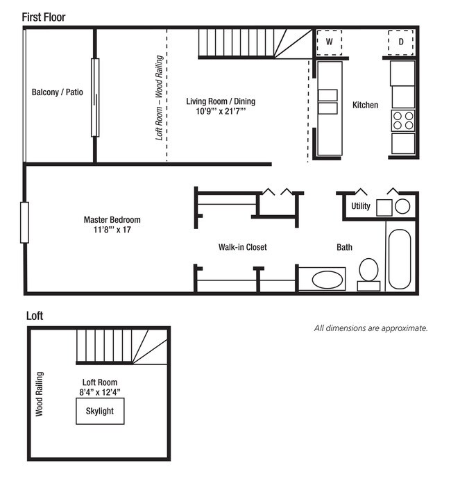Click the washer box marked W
(x=329, y=42)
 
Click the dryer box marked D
(x=400, y=42)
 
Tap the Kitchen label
(x=365, y=105)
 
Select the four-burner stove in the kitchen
(x=403, y=121)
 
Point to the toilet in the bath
(x=368, y=274)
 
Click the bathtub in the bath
(x=400, y=259)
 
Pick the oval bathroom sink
(x=327, y=280)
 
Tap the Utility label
(x=360, y=206)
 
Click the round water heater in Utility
(x=402, y=206)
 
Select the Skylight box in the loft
(x=100, y=411)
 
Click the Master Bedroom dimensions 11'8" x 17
(x=112, y=230)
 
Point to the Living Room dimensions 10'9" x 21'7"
(x=221, y=111)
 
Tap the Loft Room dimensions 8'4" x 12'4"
(x=99, y=392)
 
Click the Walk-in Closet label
(x=242, y=247)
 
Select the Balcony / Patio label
(x=58, y=92)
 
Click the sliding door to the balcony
(x=95, y=97)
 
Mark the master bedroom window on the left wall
(x=24, y=222)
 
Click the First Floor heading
(x=44, y=17)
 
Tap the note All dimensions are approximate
(x=371, y=328)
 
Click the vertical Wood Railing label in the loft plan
(x=39, y=394)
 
